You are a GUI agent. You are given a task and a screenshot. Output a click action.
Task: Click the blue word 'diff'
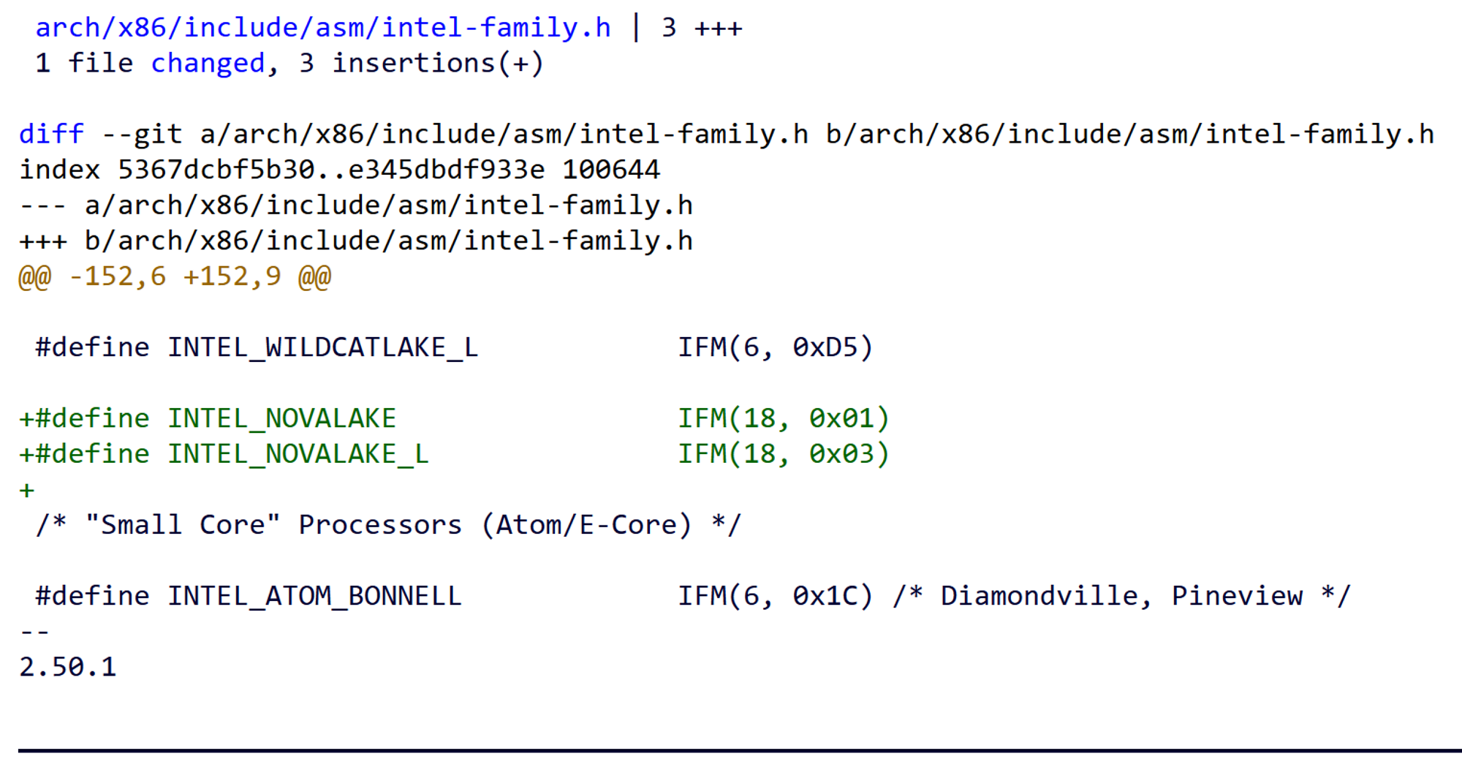tap(51, 135)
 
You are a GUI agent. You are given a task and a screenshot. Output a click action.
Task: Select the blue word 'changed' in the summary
tap(208, 64)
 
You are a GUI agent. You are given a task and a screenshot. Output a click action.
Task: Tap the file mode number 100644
tap(611, 170)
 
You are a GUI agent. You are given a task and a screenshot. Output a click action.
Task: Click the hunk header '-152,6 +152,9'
tap(175, 277)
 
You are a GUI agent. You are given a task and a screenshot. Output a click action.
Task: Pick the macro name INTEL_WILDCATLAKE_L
tap(322, 348)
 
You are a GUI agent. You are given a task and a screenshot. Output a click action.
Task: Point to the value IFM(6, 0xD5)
tap(775, 348)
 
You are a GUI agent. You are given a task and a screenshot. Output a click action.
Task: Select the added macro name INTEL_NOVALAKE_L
tap(298, 455)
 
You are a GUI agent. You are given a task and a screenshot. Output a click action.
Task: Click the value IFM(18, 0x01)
tap(783, 419)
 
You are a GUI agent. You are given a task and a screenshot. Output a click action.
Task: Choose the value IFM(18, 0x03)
tap(783, 455)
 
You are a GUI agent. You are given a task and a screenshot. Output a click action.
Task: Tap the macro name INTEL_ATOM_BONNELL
tap(314, 597)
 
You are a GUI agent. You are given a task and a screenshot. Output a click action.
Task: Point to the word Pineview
tap(1237, 597)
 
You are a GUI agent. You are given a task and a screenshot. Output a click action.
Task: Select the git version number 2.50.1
tap(67, 668)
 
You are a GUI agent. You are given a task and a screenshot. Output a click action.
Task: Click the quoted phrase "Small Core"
tap(183, 526)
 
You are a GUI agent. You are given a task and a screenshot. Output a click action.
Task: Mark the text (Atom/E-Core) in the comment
tap(586, 526)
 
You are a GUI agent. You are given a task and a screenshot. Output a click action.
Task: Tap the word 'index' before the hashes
tap(59, 170)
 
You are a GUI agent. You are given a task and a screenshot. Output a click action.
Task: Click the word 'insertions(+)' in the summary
tap(438, 64)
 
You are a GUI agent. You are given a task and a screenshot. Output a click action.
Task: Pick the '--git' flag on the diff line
tap(142, 135)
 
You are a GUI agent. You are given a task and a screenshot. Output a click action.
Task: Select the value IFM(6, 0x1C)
tap(775, 597)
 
